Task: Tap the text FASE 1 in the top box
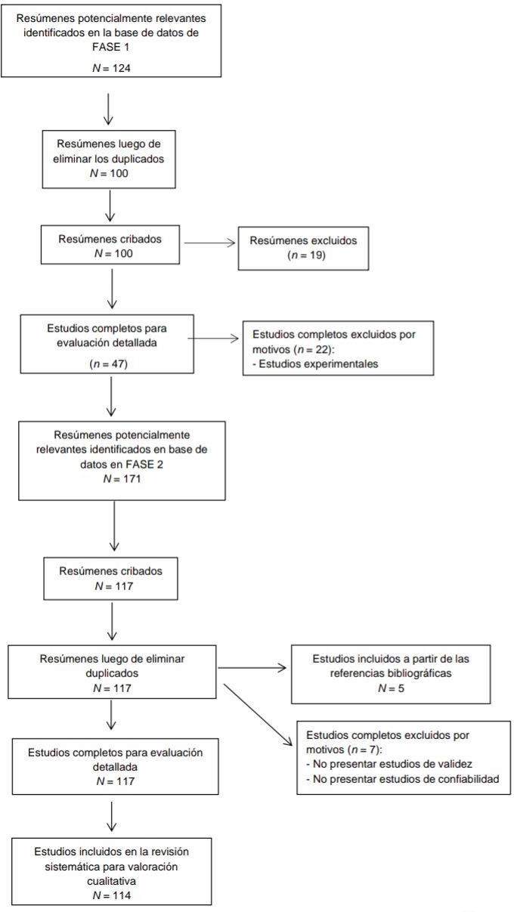110,45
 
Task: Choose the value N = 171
122,479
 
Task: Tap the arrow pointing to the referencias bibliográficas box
251,668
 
